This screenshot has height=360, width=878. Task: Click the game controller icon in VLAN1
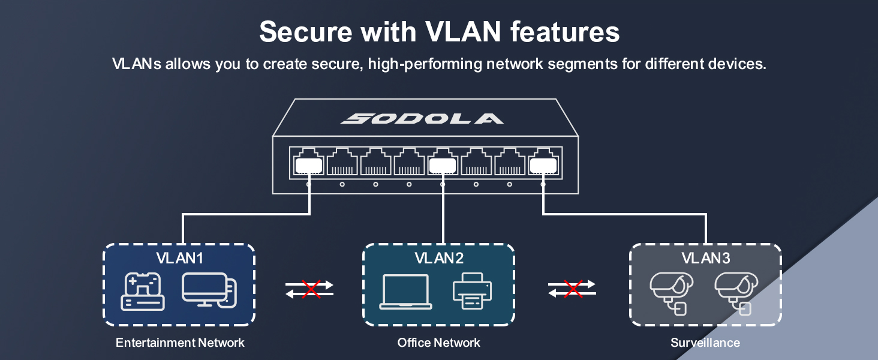143,292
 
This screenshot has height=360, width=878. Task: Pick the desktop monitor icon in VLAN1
209,290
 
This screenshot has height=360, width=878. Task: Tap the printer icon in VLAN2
472,290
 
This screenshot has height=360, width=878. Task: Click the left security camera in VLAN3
671,292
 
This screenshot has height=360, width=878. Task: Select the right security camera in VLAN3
736,292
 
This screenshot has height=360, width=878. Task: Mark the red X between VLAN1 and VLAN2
311,289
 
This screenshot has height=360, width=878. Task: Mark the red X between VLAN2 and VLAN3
573,289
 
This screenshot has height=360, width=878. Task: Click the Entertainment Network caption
180,343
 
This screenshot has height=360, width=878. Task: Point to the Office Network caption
439,343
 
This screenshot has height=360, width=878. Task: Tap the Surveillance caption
705,343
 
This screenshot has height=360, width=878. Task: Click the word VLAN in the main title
466,31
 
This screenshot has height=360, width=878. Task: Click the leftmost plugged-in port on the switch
308,163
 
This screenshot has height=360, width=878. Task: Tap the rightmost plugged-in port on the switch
543,163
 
